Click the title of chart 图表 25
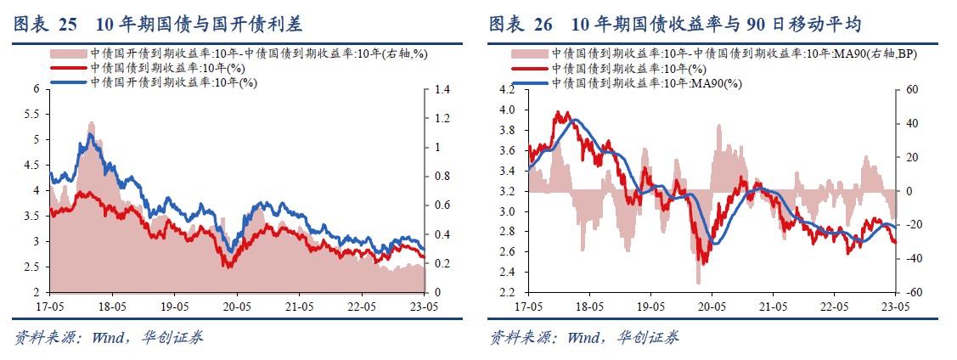click(157, 24)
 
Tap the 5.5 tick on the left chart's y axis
click(35, 114)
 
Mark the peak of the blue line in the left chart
click(90, 135)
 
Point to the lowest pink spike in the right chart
click(698, 283)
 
